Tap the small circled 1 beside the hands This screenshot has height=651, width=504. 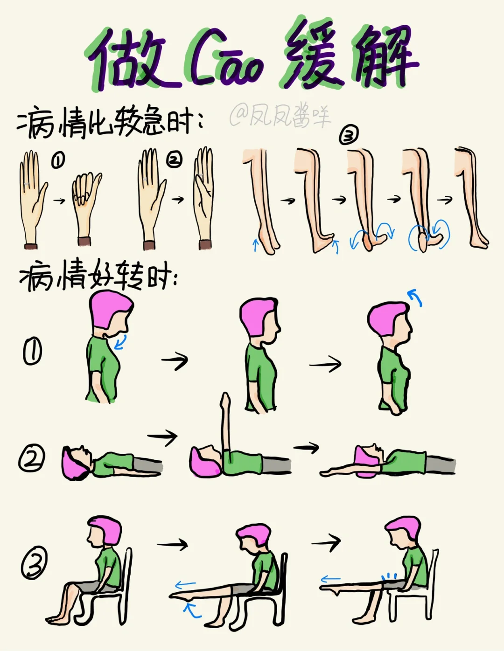pyautogui.click(x=58, y=160)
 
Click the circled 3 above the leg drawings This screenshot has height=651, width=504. pyautogui.click(x=349, y=136)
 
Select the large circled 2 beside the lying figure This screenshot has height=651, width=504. pyautogui.click(x=32, y=458)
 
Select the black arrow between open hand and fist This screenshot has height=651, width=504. pyautogui.click(x=59, y=201)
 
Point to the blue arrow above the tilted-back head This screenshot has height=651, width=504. pyautogui.click(x=415, y=297)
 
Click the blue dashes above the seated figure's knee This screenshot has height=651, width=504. pyautogui.click(x=390, y=575)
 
